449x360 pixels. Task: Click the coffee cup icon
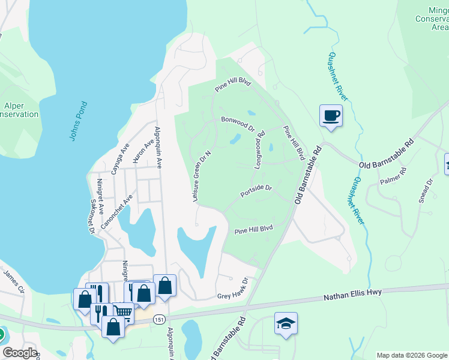tap(331, 115)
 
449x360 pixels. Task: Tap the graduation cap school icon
tap(286, 323)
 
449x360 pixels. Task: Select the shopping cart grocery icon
tap(123, 312)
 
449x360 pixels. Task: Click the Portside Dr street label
tap(256, 191)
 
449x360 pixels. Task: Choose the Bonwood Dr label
tap(238, 124)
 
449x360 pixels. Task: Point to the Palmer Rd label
tap(393, 175)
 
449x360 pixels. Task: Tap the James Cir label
tap(14, 281)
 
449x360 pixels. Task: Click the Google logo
tap(19, 353)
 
